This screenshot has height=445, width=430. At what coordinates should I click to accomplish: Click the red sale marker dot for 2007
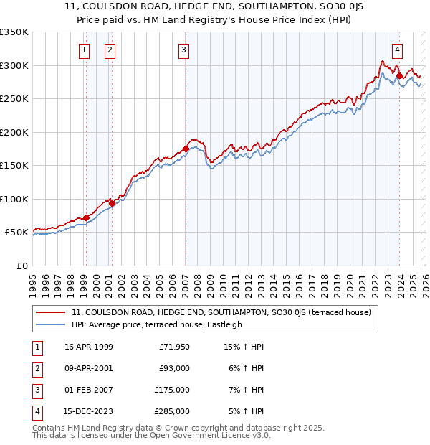click(186, 149)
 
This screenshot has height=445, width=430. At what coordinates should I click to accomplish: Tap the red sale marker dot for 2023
click(398, 75)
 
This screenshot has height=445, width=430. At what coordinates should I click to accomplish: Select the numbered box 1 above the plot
click(85, 50)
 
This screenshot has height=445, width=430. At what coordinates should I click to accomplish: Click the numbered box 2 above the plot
click(110, 50)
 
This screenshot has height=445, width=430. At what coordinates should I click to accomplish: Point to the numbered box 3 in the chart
click(184, 50)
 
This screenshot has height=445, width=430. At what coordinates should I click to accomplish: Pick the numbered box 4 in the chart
click(397, 50)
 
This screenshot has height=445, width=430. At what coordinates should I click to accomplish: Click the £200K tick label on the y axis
click(14, 132)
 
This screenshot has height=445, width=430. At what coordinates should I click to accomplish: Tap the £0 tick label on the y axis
click(21, 266)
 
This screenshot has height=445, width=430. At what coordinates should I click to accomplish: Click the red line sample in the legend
click(51, 313)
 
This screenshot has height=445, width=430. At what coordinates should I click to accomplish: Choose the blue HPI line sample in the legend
click(51, 324)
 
